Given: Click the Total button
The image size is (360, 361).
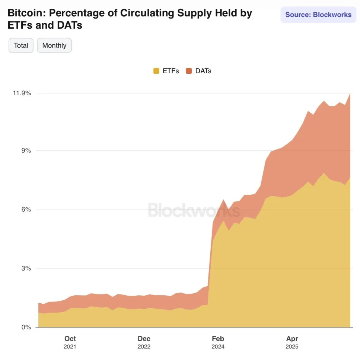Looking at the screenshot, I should point(21,45).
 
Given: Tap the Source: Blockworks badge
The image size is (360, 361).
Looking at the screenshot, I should point(318,15).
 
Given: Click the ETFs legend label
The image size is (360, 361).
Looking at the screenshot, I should point(171,71).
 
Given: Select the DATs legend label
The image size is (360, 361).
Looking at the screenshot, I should point(203,71).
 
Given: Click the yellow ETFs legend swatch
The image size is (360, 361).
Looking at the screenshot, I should point(156,71).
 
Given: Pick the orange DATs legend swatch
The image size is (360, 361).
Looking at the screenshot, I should point(189,71).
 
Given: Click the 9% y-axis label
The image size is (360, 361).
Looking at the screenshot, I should point(26,151).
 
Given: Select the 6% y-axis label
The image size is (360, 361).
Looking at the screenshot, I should point(26,210).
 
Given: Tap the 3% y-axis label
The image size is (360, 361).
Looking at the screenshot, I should point(26,268).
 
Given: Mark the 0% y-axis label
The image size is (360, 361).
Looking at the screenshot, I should point(26,327).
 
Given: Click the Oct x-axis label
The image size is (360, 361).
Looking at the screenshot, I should point(70,339).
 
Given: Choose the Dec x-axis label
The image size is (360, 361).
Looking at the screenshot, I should point(144,339).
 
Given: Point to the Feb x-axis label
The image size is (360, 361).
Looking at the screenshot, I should point(218,339).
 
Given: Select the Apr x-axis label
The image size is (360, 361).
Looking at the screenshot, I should point(292,339).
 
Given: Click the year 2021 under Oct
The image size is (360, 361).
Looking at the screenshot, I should point(70,347).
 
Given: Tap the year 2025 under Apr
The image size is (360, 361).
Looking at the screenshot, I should point(292,347).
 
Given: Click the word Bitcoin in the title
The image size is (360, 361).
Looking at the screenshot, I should point(25,13).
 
